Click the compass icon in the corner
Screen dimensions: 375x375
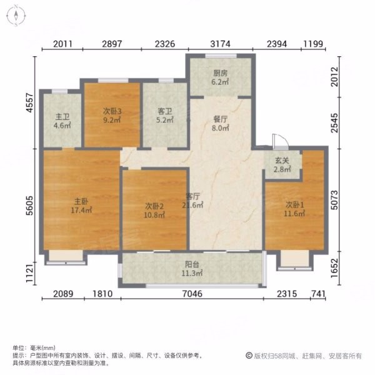[x=16, y=16]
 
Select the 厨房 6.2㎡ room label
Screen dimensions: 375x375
[x=220, y=77]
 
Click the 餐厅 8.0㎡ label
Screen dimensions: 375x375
[x=220, y=123]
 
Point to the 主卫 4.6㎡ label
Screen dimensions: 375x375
[x=62, y=121]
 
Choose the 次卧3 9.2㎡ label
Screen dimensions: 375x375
[x=112, y=115]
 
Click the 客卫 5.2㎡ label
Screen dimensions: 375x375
[x=165, y=115]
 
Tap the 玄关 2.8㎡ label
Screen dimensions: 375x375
[x=282, y=165]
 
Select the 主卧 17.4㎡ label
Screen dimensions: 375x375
[x=81, y=206]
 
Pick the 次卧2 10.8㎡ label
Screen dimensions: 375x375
[x=154, y=210]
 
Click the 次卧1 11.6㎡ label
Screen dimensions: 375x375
[x=294, y=209]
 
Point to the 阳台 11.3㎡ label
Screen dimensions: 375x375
[x=192, y=269]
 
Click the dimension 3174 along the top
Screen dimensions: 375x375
[x=220, y=44]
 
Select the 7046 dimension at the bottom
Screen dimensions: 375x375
[x=192, y=294]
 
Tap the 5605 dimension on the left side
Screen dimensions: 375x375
[x=29, y=206]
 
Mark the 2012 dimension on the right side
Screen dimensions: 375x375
[x=334, y=76]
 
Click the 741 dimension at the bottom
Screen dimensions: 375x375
[x=318, y=294]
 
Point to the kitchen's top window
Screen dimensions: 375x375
[x=221, y=56]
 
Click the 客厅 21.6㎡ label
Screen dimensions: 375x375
[x=192, y=201]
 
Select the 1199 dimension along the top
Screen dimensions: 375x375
[x=313, y=44]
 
